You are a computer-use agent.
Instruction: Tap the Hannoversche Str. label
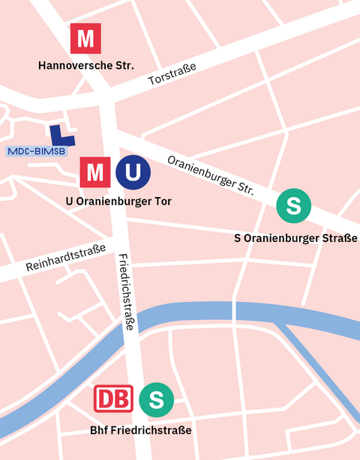point(86,66)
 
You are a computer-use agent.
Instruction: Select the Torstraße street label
point(172,74)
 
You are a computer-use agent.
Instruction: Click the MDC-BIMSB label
point(36,151)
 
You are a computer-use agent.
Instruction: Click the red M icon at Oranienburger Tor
point(95,172)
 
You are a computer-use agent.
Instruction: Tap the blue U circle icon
point(133,172)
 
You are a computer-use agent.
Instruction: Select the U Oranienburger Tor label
point(118,201)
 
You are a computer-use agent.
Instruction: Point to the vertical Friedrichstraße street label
point(127,292)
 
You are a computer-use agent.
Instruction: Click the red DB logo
point(113,399)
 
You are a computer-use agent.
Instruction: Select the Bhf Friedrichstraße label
point(140,431)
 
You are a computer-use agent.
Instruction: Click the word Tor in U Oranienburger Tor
point(161,201)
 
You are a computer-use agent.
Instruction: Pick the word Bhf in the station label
point(99,431)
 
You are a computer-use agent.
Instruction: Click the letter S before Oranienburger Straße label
point(237,238)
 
